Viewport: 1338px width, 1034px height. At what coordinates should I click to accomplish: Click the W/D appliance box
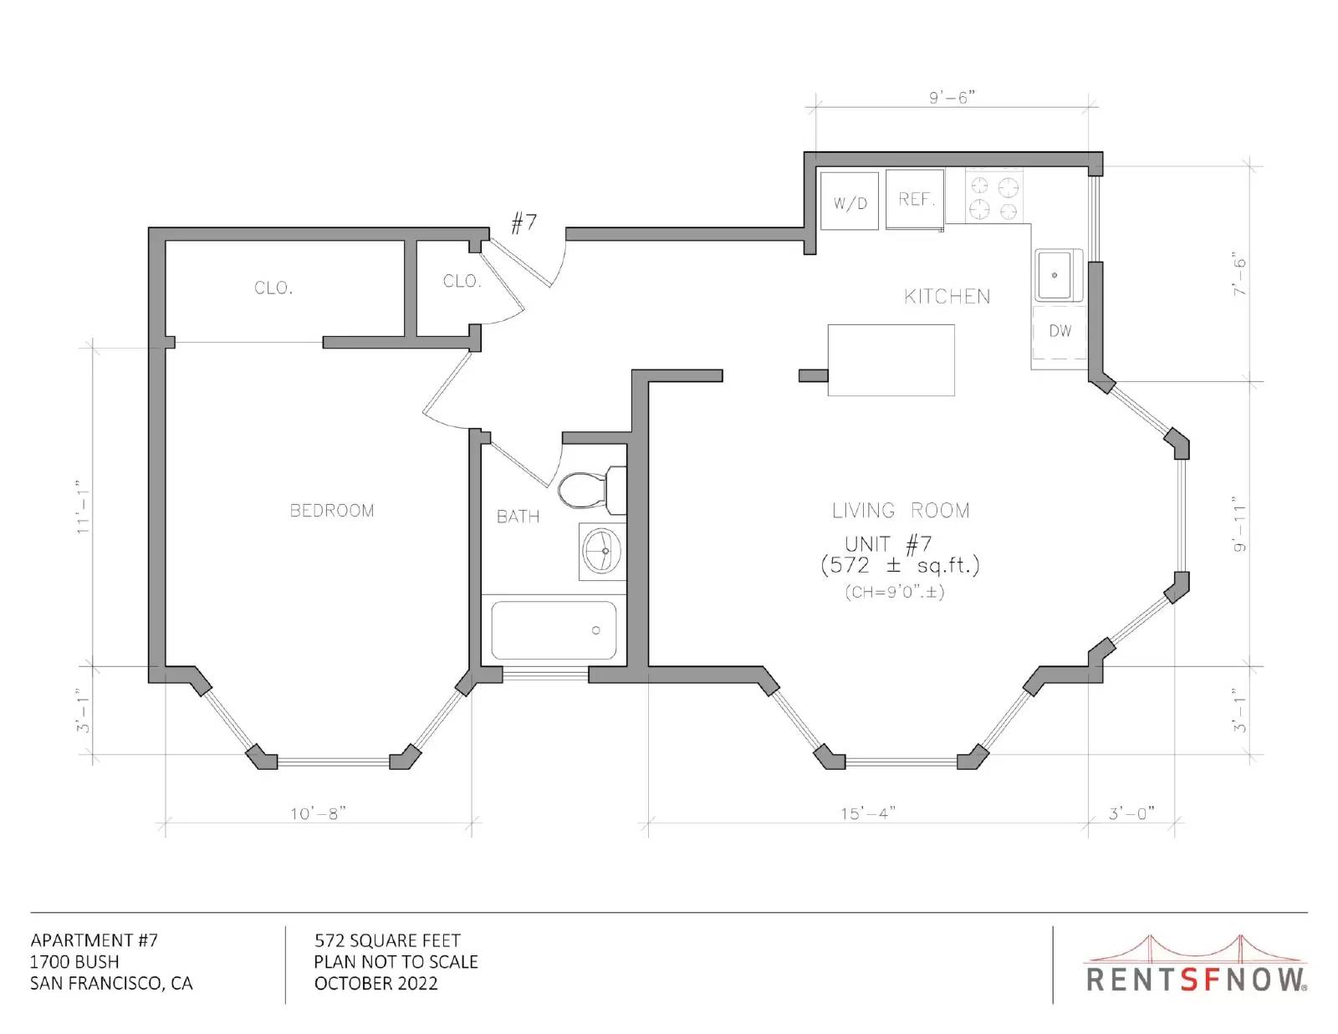849,201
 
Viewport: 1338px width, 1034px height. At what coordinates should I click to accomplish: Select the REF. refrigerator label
917,199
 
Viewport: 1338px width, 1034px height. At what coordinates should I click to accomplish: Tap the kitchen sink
1059,275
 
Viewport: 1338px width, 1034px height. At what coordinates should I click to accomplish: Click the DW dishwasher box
1059,333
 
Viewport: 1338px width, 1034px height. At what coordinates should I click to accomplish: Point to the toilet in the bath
592,490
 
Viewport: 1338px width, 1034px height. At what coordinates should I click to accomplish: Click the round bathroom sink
602,552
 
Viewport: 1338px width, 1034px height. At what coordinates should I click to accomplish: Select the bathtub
554,629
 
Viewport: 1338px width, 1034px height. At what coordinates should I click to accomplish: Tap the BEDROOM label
332,510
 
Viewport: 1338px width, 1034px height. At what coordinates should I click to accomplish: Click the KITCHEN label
947,297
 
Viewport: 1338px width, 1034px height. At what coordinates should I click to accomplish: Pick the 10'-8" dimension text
319,813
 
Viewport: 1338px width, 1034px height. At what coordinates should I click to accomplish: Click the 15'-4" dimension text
868,813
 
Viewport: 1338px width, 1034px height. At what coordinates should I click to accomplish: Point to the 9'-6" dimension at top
952,98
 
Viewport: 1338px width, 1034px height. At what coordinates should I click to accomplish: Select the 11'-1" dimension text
83,507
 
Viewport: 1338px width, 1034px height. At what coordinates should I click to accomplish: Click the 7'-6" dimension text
1238,273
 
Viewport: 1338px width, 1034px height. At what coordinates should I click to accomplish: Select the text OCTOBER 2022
375,984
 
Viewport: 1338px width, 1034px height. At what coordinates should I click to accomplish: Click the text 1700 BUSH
74,962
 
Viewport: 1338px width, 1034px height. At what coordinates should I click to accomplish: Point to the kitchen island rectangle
891,360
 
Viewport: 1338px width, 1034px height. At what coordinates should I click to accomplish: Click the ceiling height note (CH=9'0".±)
895,592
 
